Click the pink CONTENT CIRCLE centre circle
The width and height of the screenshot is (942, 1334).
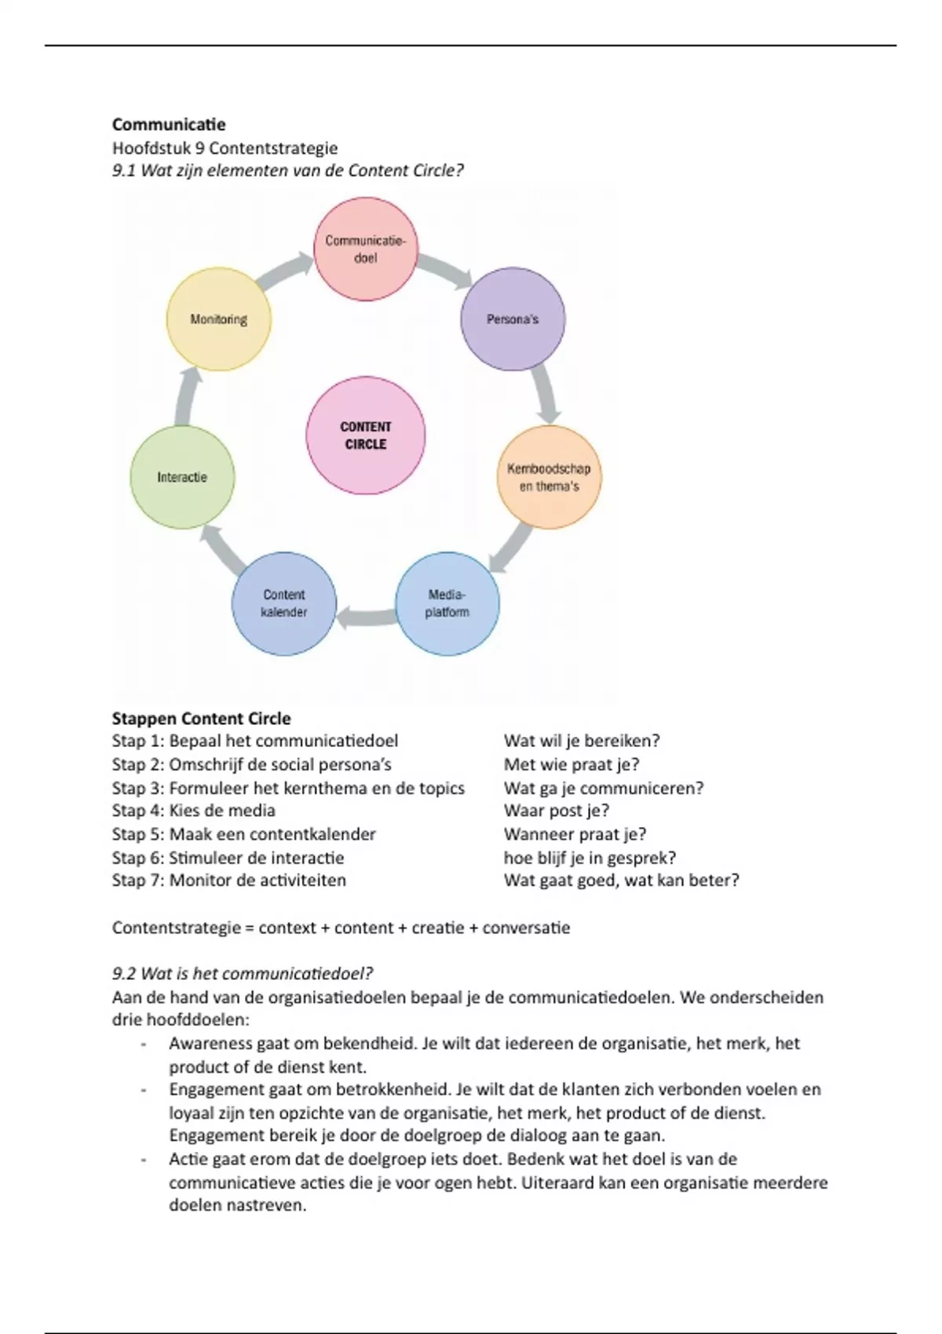tap(365, 436)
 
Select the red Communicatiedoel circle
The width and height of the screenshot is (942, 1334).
tap(365, 249)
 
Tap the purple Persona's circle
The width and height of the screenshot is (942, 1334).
tap(512, 319)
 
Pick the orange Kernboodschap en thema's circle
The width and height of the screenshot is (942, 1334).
tap(549, 477)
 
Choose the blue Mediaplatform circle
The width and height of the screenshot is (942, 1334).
tap(447, 603)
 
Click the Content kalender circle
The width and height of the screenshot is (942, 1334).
tap(283, 603)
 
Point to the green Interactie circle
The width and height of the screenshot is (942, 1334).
tap(182, 477)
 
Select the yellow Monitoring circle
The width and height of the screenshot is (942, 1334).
tap(218, 319)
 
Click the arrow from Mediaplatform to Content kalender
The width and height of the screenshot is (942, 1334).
tap(365, 618)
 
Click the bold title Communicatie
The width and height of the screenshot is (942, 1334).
tap(169, 124)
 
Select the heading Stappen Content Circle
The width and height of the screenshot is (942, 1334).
tap(201, 719)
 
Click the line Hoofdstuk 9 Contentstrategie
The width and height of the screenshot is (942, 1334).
tap(225, 148)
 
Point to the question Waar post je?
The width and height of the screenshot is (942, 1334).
tap(557, 811)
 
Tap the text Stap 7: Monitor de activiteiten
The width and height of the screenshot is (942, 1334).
tap(228, 880)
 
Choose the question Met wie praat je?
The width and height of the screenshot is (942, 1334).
tap(571, 764)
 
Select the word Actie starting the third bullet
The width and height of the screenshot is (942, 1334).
tap(188, 1159)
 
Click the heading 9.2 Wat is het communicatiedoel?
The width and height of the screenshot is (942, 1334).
tap(242, 974)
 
